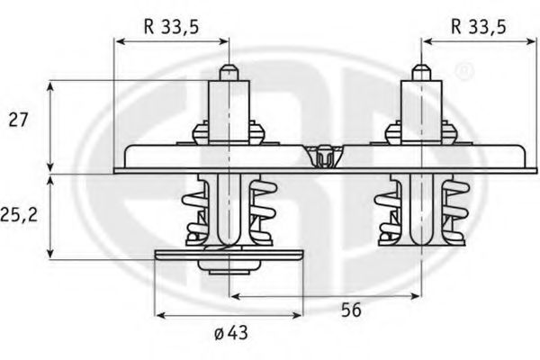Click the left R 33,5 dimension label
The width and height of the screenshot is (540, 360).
[x=172, y=26]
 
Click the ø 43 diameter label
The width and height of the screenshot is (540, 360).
[x=232, y=335]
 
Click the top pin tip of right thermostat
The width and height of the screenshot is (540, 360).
[x=419, y=70]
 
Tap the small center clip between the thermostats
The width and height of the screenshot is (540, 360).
[x=325, y=157]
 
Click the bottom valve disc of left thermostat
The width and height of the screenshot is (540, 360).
[x=229, y=257]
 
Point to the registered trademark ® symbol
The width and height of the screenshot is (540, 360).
[x=462, y=69]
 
